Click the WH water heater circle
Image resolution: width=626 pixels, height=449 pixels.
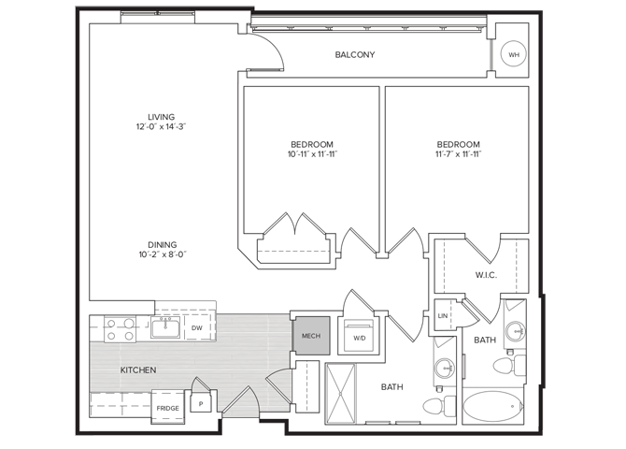tap(514, 54)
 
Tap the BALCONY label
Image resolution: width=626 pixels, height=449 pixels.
tap(355, 55)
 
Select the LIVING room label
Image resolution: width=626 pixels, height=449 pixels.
tap(162, 117)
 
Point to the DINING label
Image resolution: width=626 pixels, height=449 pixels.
tap(162, 245)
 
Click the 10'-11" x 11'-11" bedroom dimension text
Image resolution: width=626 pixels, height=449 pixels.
tap(313, 154)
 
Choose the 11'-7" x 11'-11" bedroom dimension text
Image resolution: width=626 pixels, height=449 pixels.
tap(459, 154)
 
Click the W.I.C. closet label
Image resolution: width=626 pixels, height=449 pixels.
tap(486, 275)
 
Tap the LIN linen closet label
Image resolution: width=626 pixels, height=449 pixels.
tap(443, 316)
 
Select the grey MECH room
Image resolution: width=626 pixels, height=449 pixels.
tap(311, 336)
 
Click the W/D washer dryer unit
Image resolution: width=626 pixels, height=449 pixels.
tap(359, 336)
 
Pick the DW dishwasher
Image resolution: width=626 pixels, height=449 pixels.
tap(197, 327)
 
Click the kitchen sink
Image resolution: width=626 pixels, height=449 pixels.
tap(165, 327)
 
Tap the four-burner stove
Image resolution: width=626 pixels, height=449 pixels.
tap(121, 329)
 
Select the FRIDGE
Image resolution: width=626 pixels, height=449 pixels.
tap(167, 407)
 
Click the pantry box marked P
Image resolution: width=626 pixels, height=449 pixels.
tap(201, 402)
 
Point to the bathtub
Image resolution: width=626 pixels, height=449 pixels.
tap(493, 406)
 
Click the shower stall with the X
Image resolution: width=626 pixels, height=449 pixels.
tap(340, 394)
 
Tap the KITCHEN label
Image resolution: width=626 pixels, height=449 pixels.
tap(138, 370)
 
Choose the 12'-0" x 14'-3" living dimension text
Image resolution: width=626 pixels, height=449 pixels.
tap(162, 126)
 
